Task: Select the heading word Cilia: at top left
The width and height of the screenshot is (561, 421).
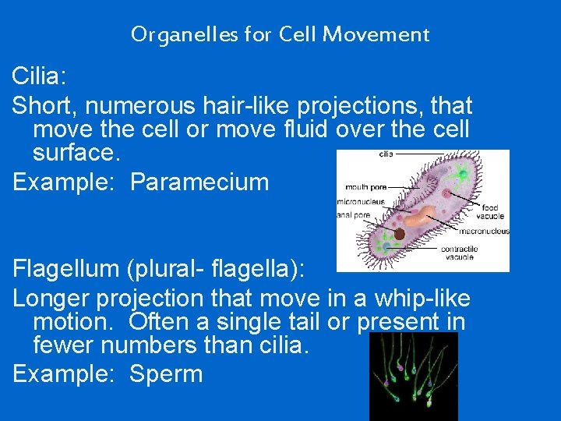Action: pyautogui.click(x=40, y=76)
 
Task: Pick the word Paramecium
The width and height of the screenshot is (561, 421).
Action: pyautogui.click(x=199, y=182)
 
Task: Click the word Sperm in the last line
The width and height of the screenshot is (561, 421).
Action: pyautogui.click(x=166, y=373)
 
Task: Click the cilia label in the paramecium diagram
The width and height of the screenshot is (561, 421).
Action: pyautogui.click(x=386, y=154)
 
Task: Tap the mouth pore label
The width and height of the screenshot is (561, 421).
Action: pyautogui.click(x=365, y=187)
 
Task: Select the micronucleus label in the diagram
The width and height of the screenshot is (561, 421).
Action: pyautogui.click(x=360, y=201)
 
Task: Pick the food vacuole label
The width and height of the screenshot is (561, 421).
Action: pyautogui.click(x=492, y=211)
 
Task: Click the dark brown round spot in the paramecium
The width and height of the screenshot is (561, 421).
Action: pyautogui.click(x=398, y=233)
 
